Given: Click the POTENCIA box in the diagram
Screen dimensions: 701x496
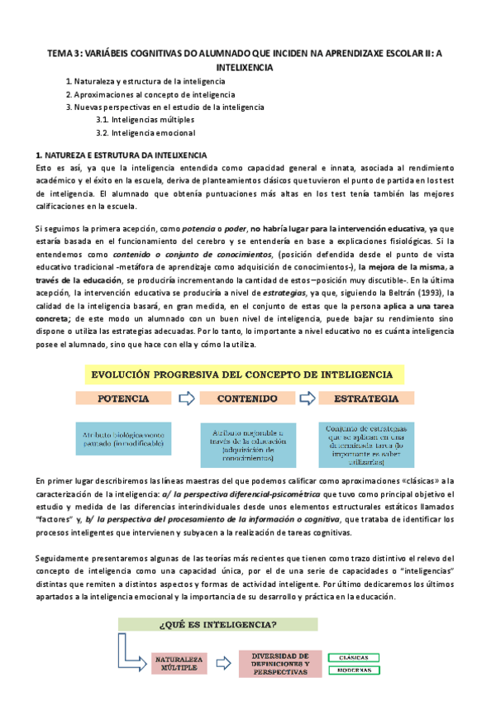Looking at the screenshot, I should (x=124, y=398).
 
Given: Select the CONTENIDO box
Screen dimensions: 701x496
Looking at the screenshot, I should (x=246, y=398).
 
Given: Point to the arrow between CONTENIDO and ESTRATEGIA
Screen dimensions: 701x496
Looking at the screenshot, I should (x=307, y=398).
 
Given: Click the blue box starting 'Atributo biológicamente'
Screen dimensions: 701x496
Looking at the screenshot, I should (x=123, y=440).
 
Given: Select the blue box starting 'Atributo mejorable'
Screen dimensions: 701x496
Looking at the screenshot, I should (x=246, y=442).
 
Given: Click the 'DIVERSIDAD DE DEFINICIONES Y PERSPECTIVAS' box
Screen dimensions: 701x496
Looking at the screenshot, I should (x=282, y=664).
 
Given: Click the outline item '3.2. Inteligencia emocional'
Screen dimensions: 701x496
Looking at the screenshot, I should (x=145, y=132).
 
